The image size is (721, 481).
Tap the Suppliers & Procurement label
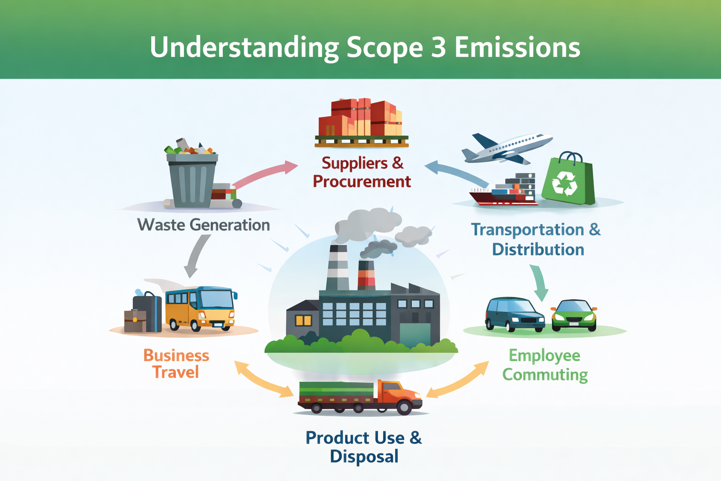tap(362, 172)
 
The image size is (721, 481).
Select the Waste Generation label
tap(203, 225)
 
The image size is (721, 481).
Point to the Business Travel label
tap(176, 364)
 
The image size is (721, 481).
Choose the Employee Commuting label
tap(545, 365)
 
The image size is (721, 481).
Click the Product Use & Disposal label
tap(364, 447)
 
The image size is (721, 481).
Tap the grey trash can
tap(192, 181)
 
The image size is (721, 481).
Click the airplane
tap(507, 147)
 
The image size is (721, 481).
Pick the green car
tap(574, 314)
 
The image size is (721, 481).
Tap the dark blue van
tap(514, 314)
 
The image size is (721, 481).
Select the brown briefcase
tap(135, 321)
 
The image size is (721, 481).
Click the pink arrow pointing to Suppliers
tap(265, 174)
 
